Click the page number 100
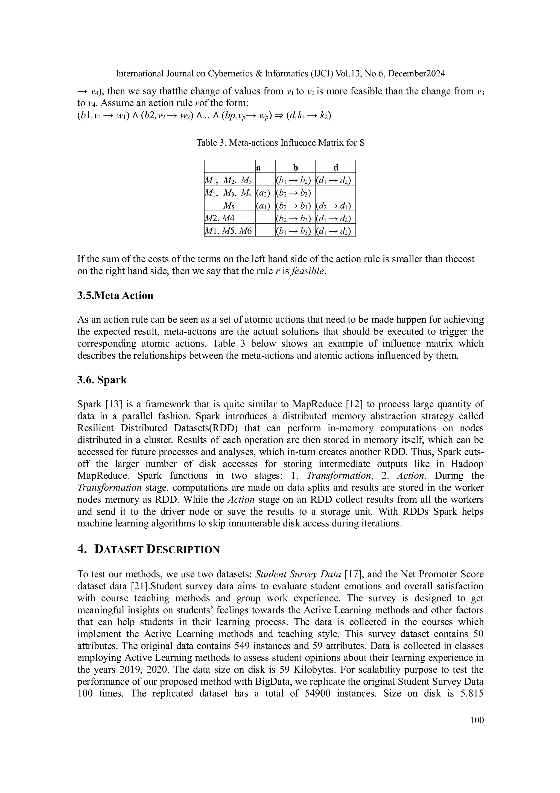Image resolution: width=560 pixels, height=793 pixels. [x=477, y=720]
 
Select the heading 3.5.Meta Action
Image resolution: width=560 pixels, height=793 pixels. [x=115, y=296]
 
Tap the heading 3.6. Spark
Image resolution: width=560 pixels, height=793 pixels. [x=102, y=380]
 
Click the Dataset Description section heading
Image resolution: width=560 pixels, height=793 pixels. [x=148, y=549]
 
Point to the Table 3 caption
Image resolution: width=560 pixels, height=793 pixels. [x=280, y=143]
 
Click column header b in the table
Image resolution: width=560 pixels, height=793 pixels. [x=295, y=168]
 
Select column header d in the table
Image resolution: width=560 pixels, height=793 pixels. [x=336, y=168]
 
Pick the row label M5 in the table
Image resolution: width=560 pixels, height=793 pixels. [x=229, y=206]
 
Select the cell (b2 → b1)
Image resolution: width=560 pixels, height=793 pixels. [x=295, y=206]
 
